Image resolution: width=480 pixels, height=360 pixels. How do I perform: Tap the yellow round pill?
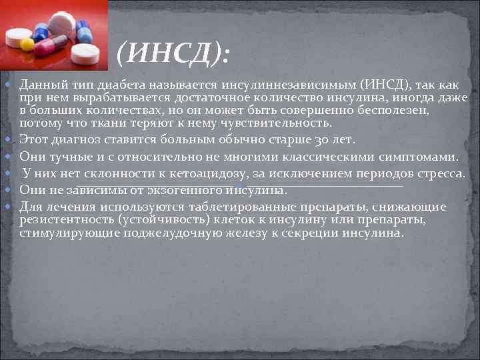[27, 44]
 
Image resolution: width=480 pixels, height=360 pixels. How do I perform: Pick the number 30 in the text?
[343, 140]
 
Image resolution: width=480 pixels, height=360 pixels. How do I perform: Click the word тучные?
[69, 157]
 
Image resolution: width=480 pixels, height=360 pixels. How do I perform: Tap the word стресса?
[440, 173]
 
